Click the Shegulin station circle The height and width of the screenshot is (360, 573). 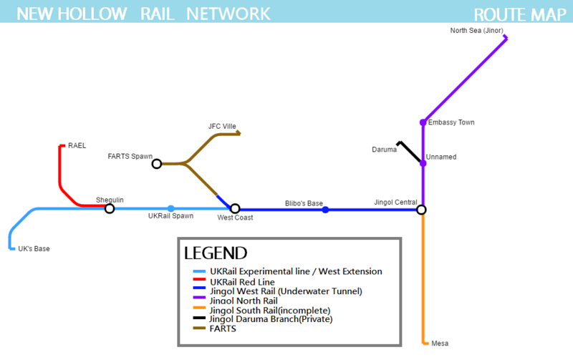(x=110, y=209)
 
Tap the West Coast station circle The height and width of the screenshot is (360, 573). (x=235, y=209)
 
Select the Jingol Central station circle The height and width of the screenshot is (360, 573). (x=422, y=210)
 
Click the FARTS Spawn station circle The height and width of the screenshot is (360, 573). (x=157, y=164)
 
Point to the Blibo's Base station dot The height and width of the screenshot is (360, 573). (x=325, y=210)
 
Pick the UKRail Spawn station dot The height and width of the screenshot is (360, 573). (x=170, y=209)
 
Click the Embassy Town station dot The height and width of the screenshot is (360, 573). (x=423, y=122)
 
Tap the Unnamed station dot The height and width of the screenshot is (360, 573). (x=423, y=164)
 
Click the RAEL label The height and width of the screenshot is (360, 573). (x=77, y=146)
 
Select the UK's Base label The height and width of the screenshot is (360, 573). (x=34, y=249)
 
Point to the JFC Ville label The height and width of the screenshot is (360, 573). (x=222, y=127)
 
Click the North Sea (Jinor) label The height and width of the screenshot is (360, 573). (x=476, y=31)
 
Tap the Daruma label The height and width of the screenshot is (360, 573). (x=384, y=150)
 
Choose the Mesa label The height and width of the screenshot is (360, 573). (x=440, y=344)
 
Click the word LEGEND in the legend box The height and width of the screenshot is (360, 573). (x=216, y=253)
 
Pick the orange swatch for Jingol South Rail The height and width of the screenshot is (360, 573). (x=200, y=310)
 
